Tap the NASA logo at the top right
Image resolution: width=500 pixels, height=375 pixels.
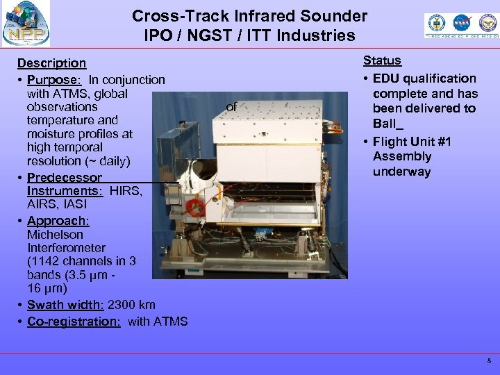tap(460, 25)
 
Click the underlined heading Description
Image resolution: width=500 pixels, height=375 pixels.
tap(52, 63)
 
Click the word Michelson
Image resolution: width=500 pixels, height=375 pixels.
tap(56, 234)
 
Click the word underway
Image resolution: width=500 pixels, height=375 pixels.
tap(402, 172)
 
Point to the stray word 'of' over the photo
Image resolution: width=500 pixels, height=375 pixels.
tap(232, 107)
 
